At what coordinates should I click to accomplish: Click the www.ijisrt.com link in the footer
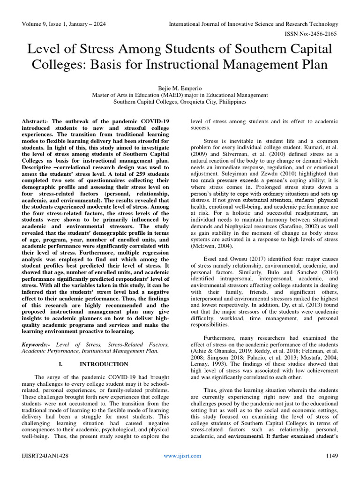182,456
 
